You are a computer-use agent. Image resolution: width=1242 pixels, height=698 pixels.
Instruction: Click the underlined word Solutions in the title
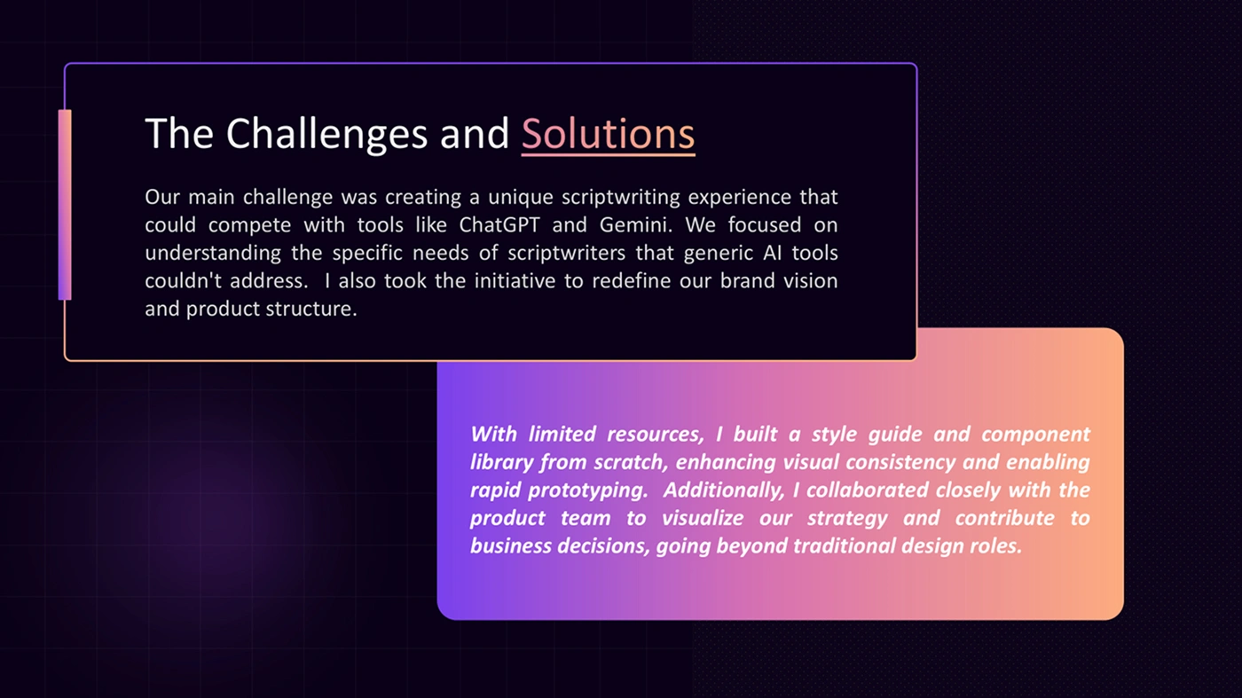pos(608,134)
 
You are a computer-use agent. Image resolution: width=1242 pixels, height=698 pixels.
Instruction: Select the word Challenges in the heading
pos(326,134)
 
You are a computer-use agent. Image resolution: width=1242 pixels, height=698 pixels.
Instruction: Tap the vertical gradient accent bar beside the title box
pos(65,205)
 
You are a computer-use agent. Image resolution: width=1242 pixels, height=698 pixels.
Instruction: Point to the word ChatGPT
pos(499,224)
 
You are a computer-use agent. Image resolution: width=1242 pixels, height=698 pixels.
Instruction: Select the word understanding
pos(213,254)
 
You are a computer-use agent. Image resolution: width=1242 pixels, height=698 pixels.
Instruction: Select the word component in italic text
pos(1035,435)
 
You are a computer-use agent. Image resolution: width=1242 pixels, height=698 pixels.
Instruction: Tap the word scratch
pos(631,462)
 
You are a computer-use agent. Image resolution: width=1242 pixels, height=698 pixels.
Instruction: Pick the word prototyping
pos(587,490)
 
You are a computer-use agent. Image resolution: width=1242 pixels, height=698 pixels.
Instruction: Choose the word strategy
pos(847,518)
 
